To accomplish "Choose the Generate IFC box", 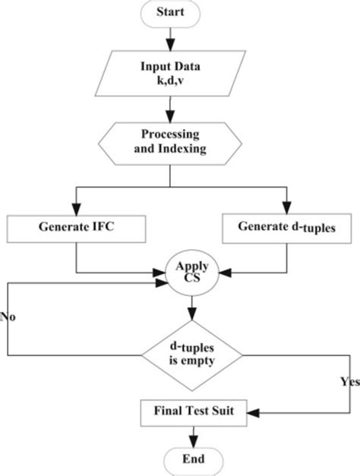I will point(77,227).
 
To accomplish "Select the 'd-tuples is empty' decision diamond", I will point(191,354).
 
